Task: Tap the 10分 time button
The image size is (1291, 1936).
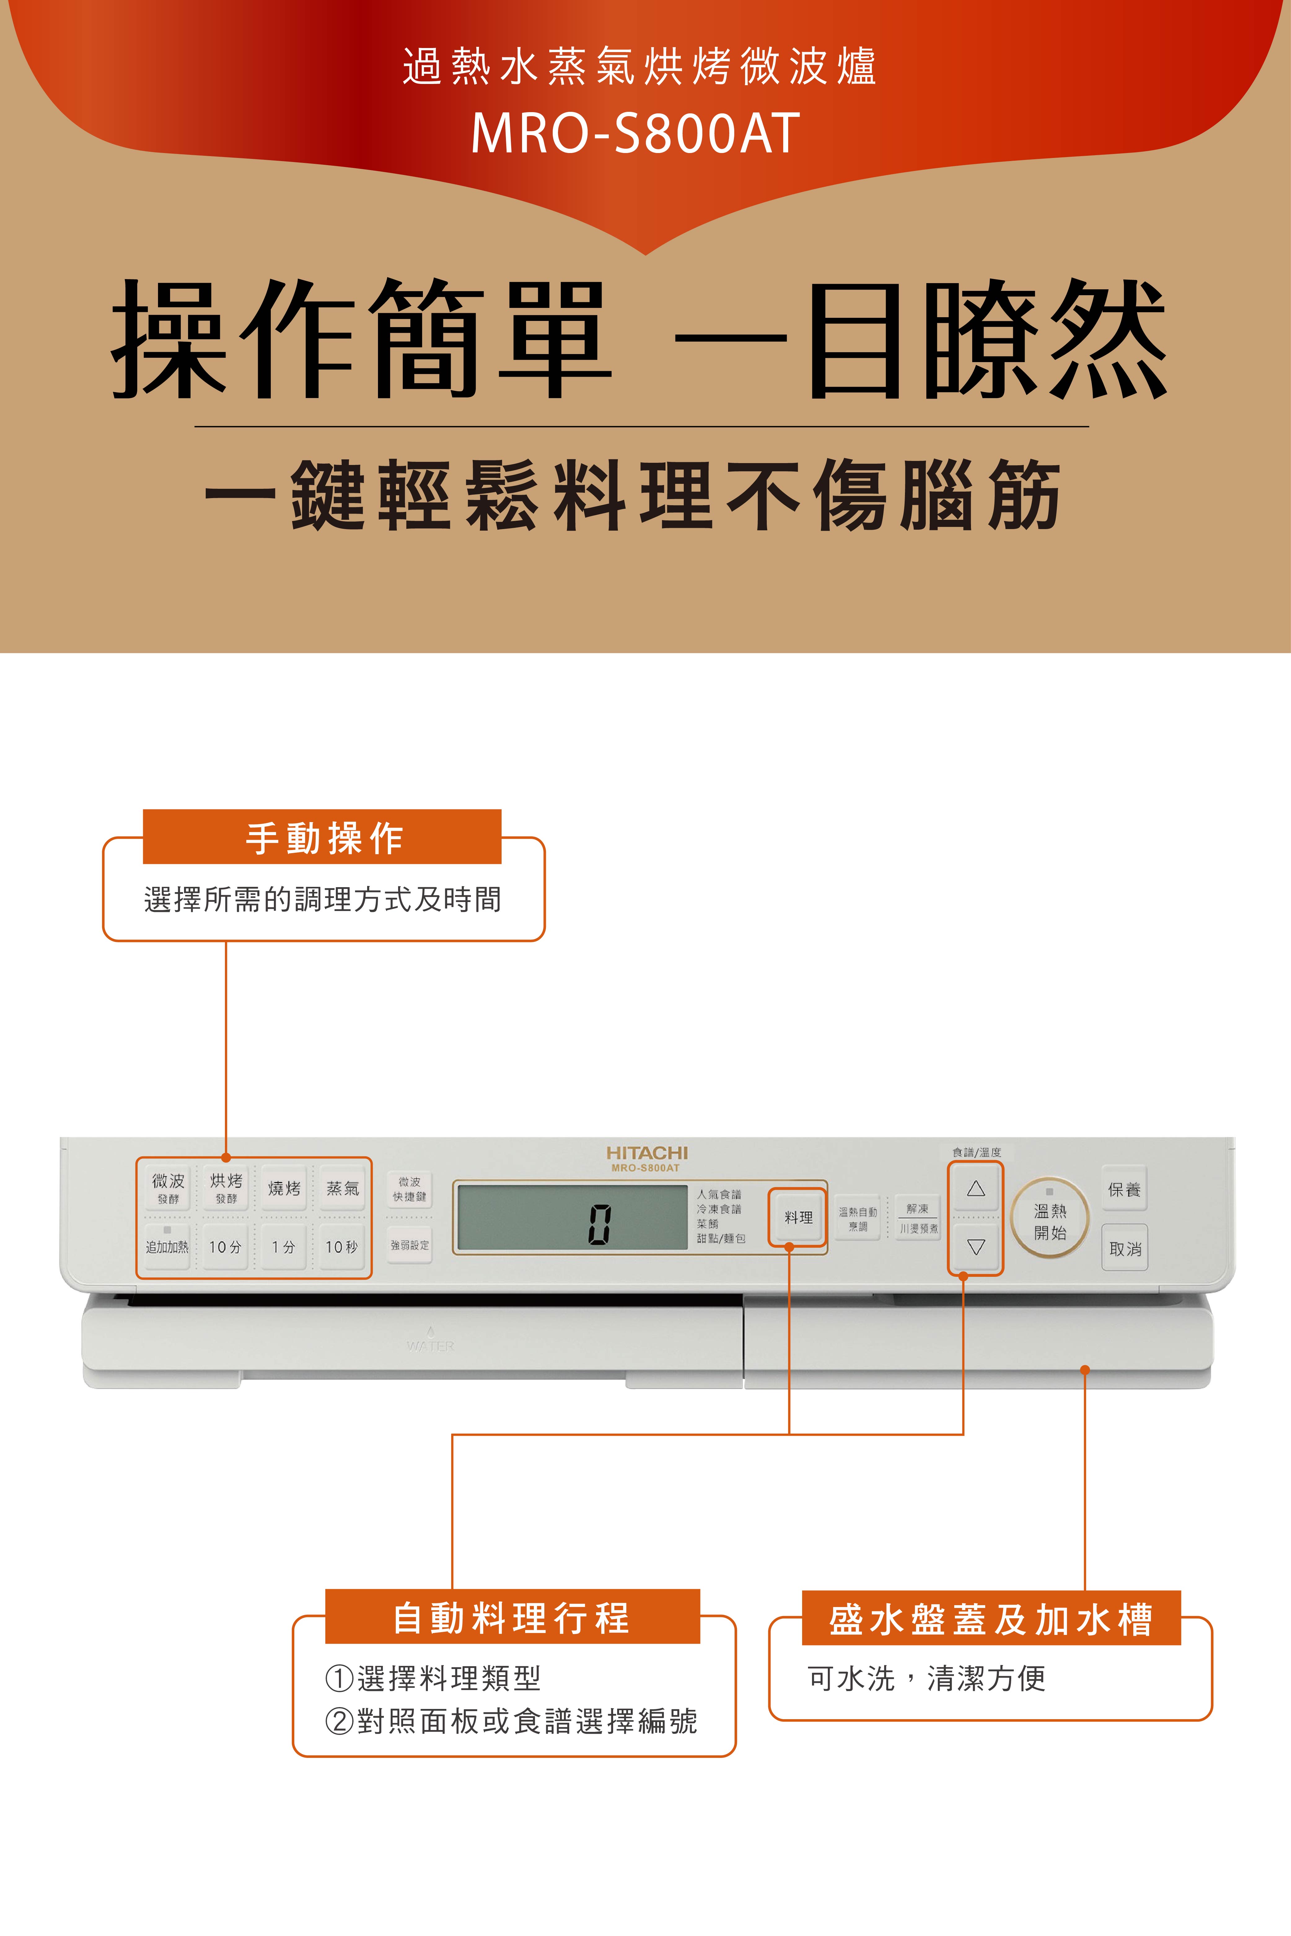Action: point(226,1246)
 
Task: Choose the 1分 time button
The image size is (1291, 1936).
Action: point(284,1246)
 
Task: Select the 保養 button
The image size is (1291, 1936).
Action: point(1124,1189)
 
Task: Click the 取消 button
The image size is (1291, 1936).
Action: point(1125,1248)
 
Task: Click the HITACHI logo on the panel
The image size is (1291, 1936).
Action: point(646,1152)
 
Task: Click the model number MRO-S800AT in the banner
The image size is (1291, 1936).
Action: point(636,133)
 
